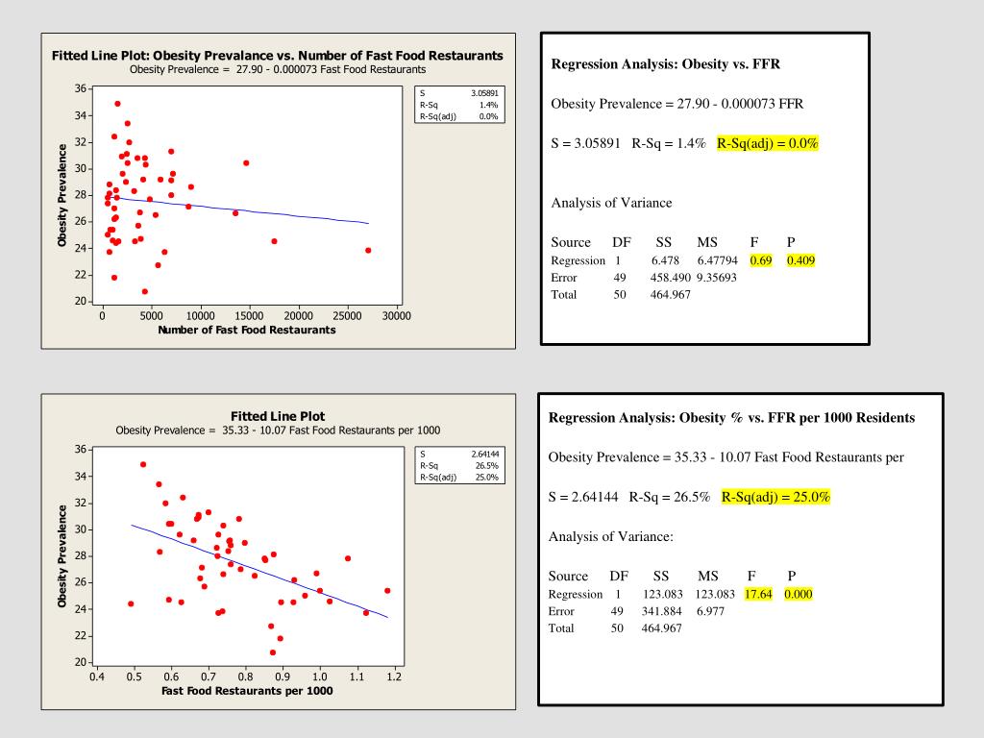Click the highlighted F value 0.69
coord(761,260)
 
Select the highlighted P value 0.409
coord(800,260)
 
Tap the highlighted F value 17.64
coord(758,594)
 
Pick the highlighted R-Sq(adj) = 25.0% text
coord(775,497)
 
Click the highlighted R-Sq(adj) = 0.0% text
coord(769,144)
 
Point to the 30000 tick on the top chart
coord(396,315)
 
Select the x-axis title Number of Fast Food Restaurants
coord(247,330)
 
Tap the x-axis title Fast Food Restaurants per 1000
coord(247,691)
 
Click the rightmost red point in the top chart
coord(368,250)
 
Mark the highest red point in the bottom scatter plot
coord(143,464)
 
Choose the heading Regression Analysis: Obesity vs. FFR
coord(665,64)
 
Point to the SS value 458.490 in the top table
coord(671,278)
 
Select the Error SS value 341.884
coord(663,611)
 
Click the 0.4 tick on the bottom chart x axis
coord(97,676)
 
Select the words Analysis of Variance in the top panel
coord(611,203)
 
